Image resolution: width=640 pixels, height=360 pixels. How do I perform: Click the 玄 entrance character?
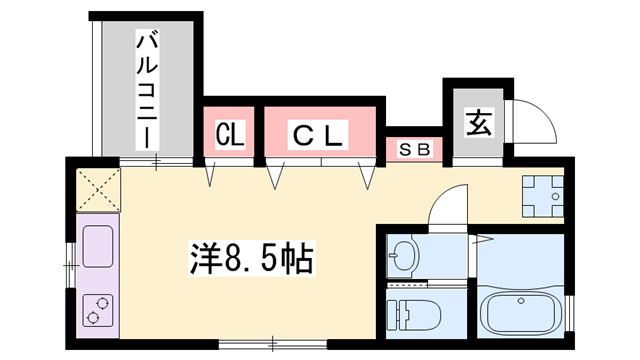(x=478, y=124)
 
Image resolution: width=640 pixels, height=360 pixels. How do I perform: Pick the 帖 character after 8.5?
(x=296, y=259)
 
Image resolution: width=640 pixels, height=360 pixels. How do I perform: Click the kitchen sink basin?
(x=97, y=247)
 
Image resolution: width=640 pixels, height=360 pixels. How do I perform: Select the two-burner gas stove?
(x=97, y=311)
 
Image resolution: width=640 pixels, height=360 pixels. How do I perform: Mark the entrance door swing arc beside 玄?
(x=531, y=120)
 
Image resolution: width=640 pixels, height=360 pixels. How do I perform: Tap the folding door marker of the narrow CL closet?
(x=212, y=176)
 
